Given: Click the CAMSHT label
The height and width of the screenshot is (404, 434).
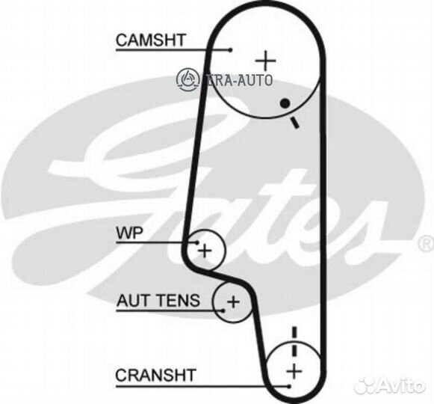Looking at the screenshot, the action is pyautogui.click(x=150, y=40).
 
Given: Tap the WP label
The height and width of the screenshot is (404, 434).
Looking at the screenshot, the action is pyautogui.click(x=130, y=233).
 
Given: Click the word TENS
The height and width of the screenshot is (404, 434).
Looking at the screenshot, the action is pyautogui.click(x=177, y=300).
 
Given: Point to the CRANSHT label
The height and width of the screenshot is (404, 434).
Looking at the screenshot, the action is pyautogui.click(x=156, y=375).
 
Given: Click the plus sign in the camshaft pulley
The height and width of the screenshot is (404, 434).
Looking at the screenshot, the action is pyautogui.click(x=265, y=61).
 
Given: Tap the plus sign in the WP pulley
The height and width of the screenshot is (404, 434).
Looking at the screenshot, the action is pyautogui.click(x=205, y=251).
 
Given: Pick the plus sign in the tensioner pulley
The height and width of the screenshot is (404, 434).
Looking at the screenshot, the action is pyautogui.click(x=233, y=302).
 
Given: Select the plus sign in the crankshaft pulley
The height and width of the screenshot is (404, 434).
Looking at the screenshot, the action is pyautogui.click(x=294, y=371).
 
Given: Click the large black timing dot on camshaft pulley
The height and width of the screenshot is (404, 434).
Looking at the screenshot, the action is pyautogui.click(x=285, y=103).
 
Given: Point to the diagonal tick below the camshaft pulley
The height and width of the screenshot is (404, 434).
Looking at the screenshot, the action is pyautogui.click(x=294, y=122).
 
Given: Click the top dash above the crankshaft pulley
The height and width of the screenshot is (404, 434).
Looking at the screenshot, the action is pyautogui.click(x=294, y=332).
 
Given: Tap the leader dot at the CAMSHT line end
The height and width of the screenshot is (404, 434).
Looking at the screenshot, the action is pyautogui.click(x=231, y=50).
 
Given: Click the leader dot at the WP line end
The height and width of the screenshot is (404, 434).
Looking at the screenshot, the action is pyautogui.click(x=197, y=242).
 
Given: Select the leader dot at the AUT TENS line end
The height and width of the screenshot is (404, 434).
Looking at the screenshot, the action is pyautogui.click(x=223, y=310).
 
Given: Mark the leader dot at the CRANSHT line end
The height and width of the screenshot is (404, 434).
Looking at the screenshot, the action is pyautogui.click(x=289, y=386).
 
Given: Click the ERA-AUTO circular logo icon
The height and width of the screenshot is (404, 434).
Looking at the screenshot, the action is pyautogui.click(x=188, y=79).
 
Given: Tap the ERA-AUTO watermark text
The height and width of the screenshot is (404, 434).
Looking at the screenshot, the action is pyautogui.click(x=239, y=80).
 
